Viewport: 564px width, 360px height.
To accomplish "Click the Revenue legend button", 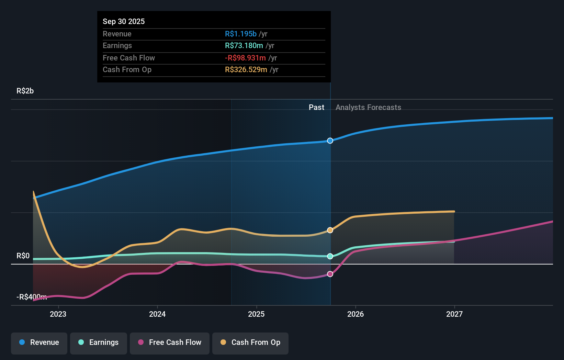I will point(39,343).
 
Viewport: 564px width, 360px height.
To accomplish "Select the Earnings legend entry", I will point(99,343).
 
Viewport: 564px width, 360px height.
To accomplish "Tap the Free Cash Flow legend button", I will point(170,343).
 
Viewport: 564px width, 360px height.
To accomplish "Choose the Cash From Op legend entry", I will point(250,343).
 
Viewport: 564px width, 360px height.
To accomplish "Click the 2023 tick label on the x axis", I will point(58,314).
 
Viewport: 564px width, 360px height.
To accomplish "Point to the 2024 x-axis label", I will point(157,314).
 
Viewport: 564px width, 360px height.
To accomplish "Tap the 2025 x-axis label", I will point(256,314).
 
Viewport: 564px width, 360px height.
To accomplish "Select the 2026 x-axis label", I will point(356,314).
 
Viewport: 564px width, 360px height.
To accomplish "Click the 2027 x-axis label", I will point(454,314).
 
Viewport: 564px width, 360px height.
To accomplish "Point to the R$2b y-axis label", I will point(25,91).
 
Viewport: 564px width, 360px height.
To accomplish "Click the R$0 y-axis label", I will point(23,256).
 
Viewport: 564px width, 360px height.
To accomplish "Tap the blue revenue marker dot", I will point(330,141).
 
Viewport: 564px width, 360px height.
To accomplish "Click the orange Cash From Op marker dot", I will point(330,230).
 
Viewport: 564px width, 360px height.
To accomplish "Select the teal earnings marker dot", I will point(330,256).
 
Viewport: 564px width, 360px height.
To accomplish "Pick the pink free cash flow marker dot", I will point(330,274).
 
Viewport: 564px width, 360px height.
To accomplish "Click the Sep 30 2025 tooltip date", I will point(124,22).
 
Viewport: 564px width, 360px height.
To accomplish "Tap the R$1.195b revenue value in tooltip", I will point(241,34).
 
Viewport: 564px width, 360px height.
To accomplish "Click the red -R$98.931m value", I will point(245,58).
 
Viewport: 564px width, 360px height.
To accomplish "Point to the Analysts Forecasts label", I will point(368,108).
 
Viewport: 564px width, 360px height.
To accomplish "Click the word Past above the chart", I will point(316,108).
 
